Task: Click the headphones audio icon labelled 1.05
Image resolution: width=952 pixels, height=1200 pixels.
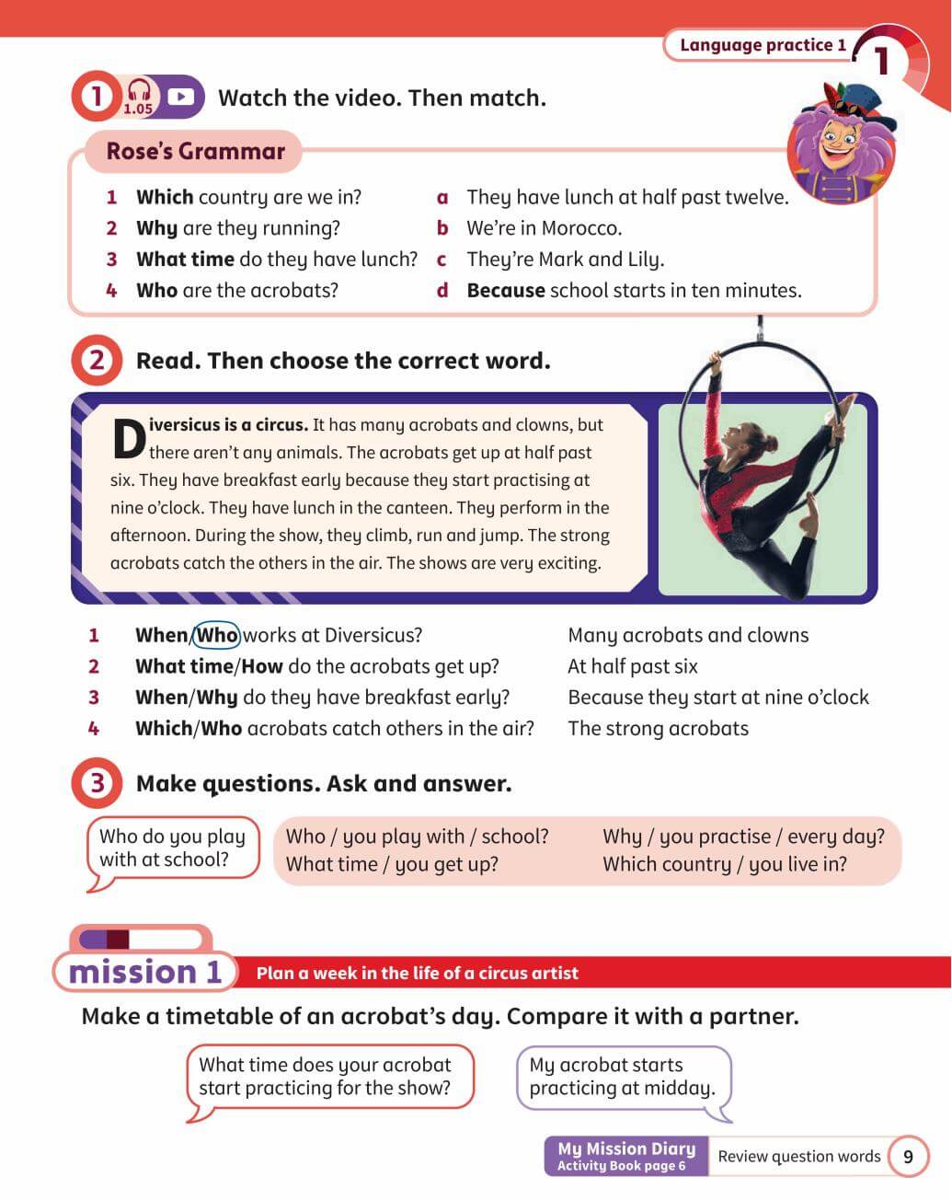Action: tap(138, 95)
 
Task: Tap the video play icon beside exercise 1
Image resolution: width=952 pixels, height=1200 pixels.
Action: tap(181, 97)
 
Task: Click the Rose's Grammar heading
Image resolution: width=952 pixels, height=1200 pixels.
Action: tap(195, 152)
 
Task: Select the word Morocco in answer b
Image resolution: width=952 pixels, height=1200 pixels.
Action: tap(581, 228)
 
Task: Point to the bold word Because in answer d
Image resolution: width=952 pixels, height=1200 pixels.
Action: tap(506, 291)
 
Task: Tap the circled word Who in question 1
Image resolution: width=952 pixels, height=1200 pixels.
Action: tap(217, 635)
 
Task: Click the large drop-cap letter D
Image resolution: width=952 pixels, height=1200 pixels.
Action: tap(129, 439)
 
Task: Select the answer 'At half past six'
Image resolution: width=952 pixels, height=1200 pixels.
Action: tap(633, 666)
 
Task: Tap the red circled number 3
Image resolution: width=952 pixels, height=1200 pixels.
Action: tap(96, 784)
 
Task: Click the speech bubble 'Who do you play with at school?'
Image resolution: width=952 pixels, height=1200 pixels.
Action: tap(172, 848)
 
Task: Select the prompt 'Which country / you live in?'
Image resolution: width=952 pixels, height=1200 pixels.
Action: tap(725, 864)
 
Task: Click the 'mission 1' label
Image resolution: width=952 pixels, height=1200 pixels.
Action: tap(145, 972)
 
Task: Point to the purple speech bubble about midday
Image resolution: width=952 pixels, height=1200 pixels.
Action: tap(623, 1077)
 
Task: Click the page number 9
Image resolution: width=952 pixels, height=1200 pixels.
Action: tap(908, 1157)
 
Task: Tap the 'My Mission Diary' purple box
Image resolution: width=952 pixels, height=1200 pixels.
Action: tap(626, 1156)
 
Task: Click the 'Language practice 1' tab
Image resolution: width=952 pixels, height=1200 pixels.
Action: tap(763, 45)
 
